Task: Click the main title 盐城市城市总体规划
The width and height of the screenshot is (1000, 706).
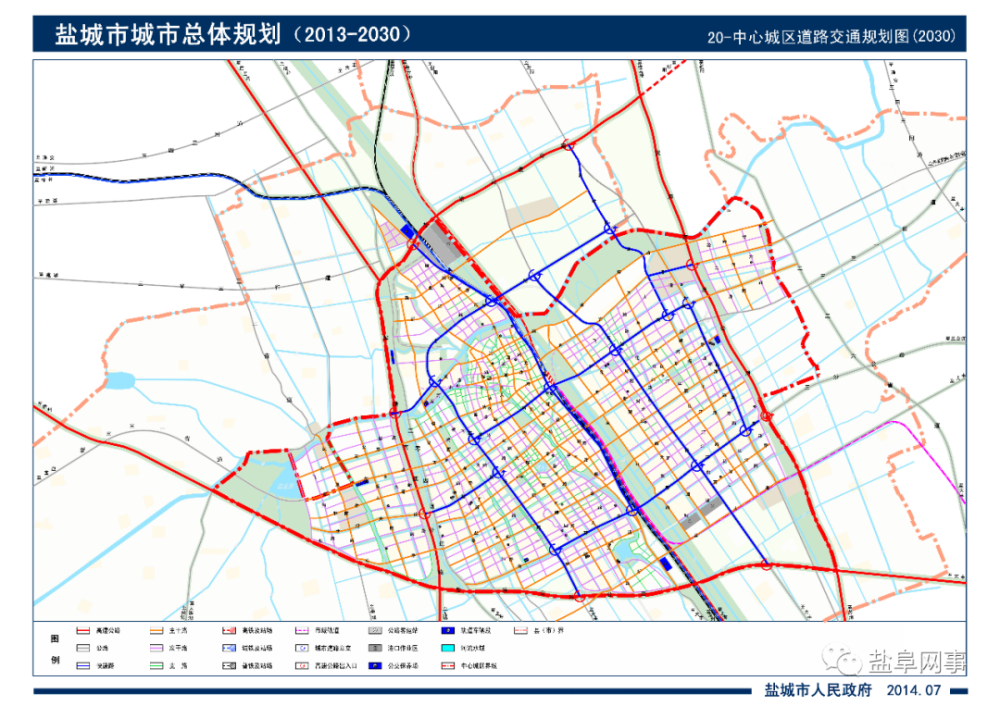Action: tap(159, 34)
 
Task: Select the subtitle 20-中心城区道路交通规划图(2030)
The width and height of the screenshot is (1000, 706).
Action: tap(831, 36)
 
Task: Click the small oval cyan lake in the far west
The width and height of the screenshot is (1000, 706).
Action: tap(119, 381)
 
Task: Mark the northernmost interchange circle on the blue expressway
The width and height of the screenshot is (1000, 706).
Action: tap(569, 146)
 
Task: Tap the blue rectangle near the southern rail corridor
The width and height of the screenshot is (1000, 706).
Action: tap(666, 566)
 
